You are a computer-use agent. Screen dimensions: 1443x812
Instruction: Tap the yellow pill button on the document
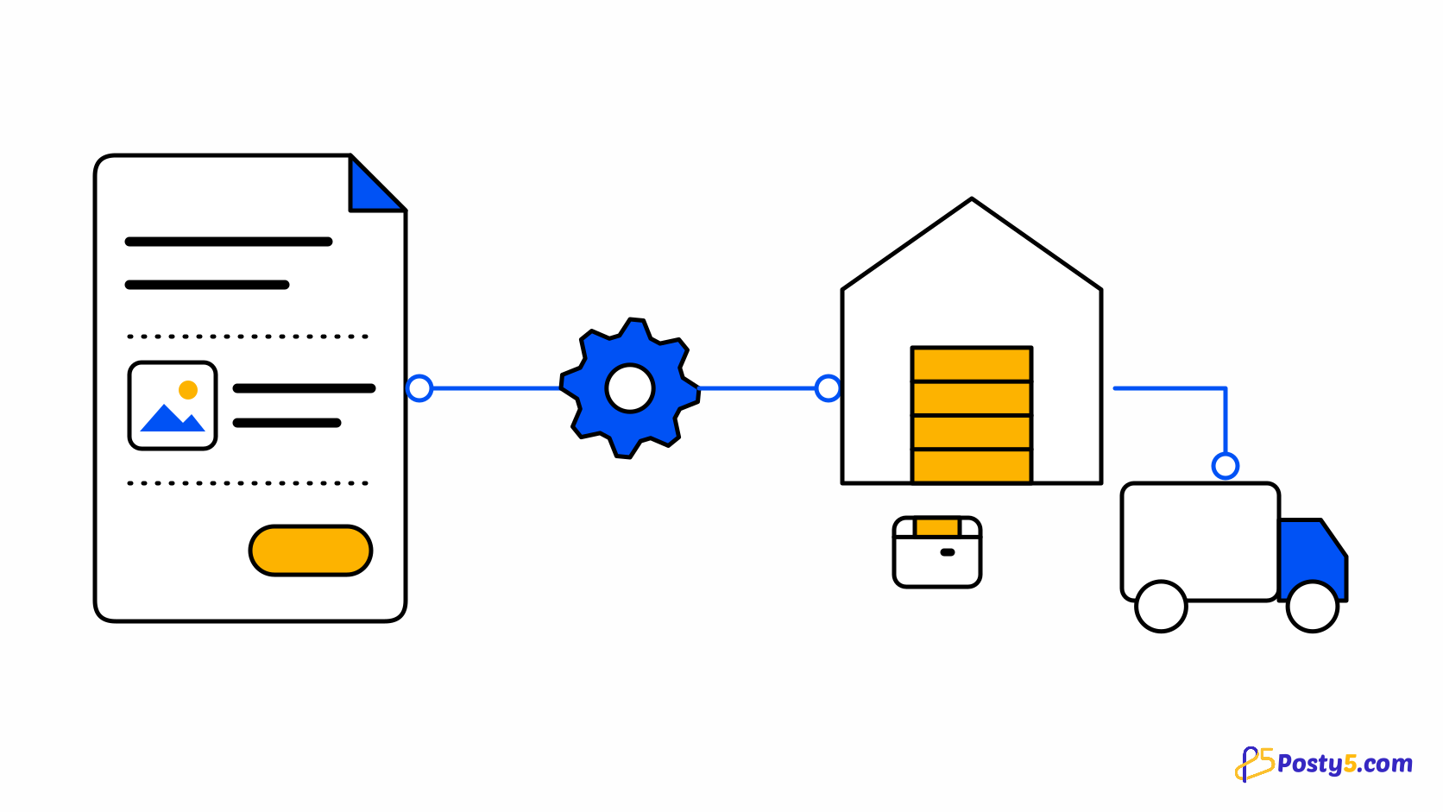(x=311, y=551)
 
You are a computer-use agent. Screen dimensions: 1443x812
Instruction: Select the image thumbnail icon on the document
(x=173, y=405)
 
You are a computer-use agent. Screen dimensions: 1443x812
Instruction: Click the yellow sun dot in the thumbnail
(x=188, y=389)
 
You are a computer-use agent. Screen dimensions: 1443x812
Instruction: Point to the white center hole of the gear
(x=630, y=388)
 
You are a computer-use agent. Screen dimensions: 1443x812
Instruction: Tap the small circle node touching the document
(x=419, y=388)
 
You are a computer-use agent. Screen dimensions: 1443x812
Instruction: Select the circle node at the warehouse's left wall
(x=828, y=388)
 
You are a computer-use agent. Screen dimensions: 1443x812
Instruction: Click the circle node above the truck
(x=1226, y=466)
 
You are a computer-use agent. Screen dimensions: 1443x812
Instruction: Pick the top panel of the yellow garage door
(x=972, y=364)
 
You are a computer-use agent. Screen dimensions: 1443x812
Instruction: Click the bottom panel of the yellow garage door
(x=972, y=466)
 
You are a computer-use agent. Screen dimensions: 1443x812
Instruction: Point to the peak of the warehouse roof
(x=972, y=198)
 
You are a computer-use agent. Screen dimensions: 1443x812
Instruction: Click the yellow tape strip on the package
(x=937, y=527)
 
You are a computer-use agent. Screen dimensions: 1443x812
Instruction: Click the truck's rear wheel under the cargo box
(x=1161, y=606)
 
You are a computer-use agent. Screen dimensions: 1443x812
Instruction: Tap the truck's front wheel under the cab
(x=1312, y=606)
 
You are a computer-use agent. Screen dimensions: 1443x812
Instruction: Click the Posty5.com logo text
(x=1345, y=764)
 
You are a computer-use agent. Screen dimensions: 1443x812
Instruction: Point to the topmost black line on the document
(x=229, y=242)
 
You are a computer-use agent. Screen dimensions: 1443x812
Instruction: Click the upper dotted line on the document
(x=248, y=337)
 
